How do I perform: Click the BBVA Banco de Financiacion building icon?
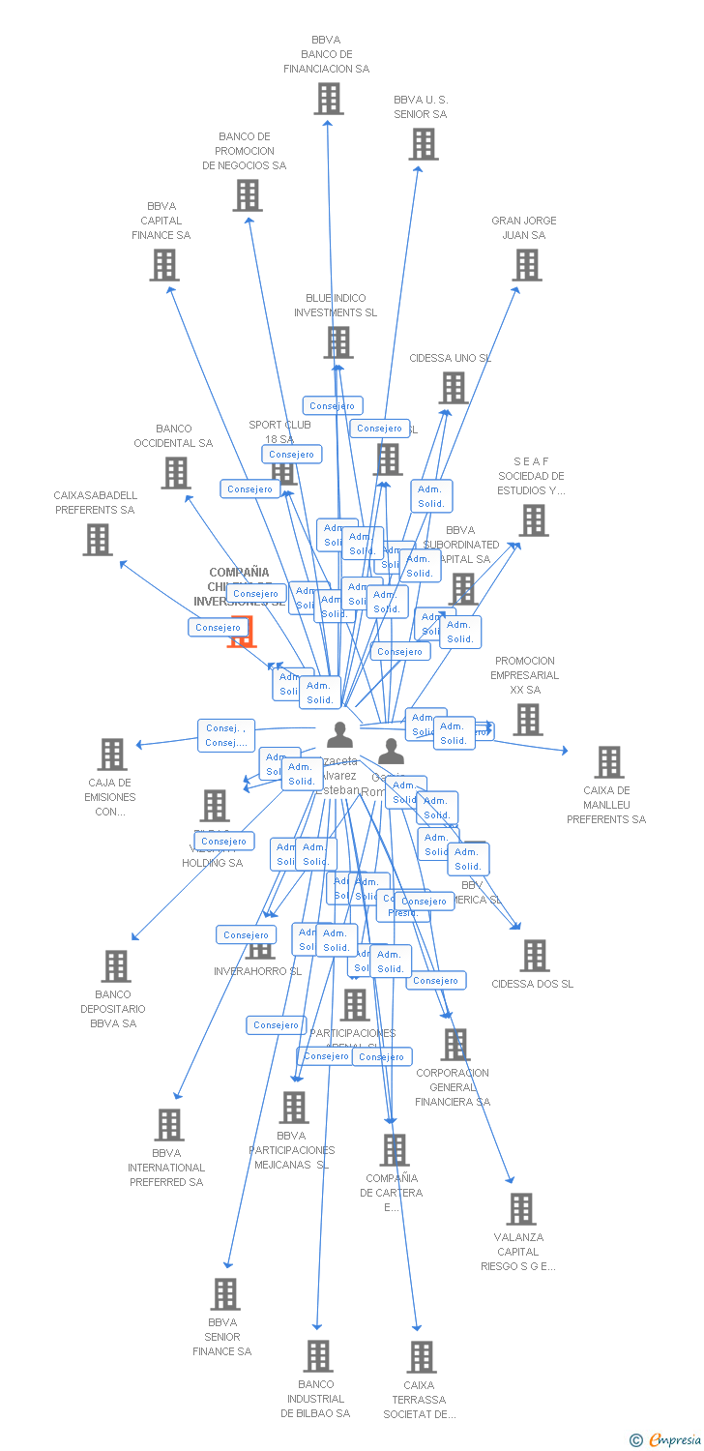[x=329, y=99]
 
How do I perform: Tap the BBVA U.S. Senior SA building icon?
[x=423, y=144]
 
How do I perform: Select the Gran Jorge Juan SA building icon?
[x=527, y=265]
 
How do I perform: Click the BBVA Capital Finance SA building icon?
[x=164, y=265]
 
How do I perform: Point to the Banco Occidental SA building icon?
[x=176, y=473]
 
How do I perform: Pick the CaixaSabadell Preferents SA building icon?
[x=98, y=540]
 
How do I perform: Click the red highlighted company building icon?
[x=241, y=632]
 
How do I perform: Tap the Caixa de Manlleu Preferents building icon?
[x=609, y=762]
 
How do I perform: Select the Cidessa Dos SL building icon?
[x=534, y=956]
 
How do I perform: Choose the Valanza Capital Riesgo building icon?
[x=521, y=1209]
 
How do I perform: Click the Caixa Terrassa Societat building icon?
[x=422, y=1357]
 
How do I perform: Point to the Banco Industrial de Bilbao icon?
[x=318, y=1356]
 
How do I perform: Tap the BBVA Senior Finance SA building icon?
[x=224, y=1294]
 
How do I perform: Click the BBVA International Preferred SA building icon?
[x=169, y=1125]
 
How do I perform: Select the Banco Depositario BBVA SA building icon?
[x=116, y=966]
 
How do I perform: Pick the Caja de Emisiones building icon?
[x=112, y=755]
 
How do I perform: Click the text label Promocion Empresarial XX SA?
[x=524, y=675]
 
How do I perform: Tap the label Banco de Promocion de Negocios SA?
[x=245, y=151]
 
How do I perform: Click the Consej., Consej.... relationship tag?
[x=226, y=735]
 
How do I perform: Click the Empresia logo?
[x=666, y=1440]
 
